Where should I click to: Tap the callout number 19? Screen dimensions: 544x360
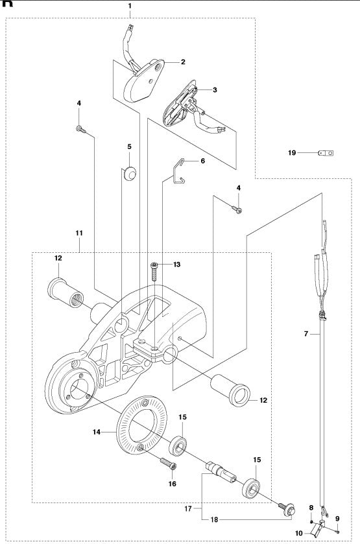pos(292,153)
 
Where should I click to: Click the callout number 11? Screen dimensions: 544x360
pos(78,232)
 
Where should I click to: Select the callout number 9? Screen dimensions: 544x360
pos(337,518)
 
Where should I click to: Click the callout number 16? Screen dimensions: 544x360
pos(173,483)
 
